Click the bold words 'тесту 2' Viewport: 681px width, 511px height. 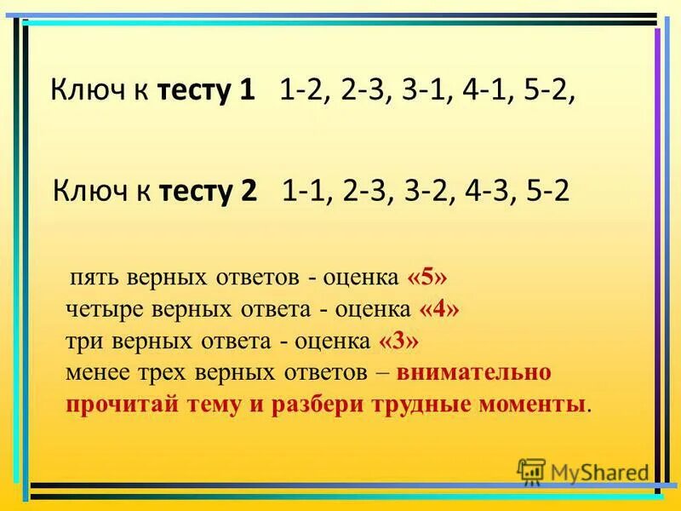pyautogui.click(x=209, y=191)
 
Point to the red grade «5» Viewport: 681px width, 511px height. pyautogui.click(x=426, y=278)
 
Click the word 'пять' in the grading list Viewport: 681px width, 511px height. pyautogui.click(x=96, y=279)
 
